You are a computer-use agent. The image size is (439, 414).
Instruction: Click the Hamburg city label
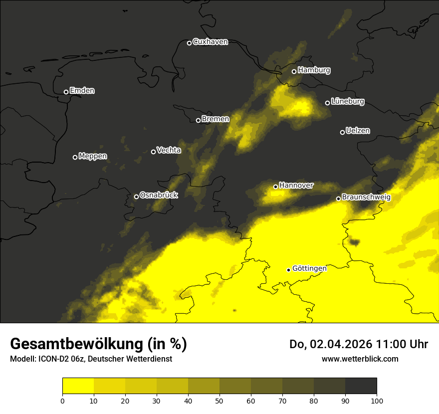point(314,70)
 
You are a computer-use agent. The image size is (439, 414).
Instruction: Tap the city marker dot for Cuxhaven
point(189,43)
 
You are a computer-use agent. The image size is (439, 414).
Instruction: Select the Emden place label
point(82,91)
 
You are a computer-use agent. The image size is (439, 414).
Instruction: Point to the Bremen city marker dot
point(198,120)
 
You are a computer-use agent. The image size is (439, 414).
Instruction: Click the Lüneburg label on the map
point(347,102)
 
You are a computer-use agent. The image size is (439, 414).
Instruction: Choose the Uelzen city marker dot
point(342,132)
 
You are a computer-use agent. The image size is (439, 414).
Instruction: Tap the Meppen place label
point(92,156)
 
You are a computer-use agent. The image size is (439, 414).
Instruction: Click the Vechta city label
point(169,150)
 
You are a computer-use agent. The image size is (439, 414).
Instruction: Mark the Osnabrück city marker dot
point(136,197)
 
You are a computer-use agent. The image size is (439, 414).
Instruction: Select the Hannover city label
point(296,186)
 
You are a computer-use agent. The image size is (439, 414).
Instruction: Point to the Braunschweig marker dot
point(338,199)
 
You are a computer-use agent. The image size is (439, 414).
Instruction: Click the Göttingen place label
point(309,268)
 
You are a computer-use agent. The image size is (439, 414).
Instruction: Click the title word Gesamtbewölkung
point(76,344)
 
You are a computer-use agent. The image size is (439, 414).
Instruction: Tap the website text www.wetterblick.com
point(360,359)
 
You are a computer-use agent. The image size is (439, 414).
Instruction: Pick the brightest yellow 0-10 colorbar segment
point(78,386)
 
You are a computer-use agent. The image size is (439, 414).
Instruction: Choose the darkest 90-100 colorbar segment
point(361,386)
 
